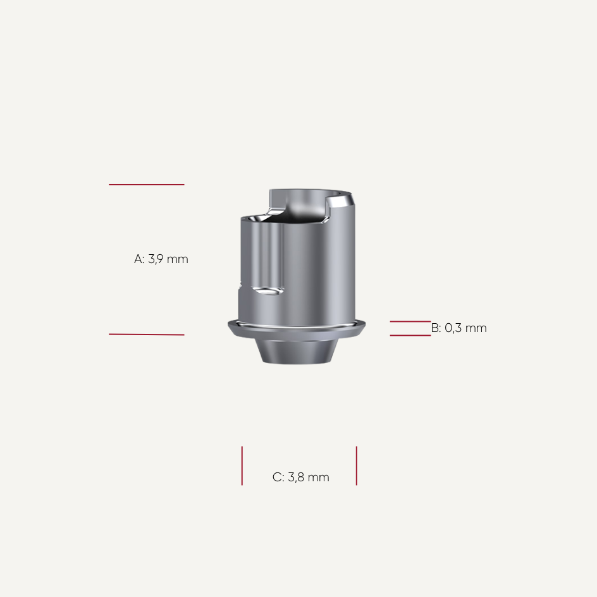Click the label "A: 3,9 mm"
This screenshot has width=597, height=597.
coord(161,259)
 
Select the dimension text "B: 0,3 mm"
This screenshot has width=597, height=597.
coord(459,328)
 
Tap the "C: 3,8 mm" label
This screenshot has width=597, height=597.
coord(301,477)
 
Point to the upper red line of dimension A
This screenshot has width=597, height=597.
coord(146,185)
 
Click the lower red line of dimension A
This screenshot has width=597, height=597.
coord(146,334)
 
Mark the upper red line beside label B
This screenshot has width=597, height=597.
coord(410,321)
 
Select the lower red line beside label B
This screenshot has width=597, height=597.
coord(410,335)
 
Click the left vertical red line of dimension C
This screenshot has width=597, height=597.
coord(242,465)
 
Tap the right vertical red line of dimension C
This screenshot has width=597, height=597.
coord(357,465)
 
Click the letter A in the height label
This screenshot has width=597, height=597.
coord(138,259)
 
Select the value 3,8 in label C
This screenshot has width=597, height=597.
coord(297,477)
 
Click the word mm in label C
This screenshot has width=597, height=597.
coord(319,477)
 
